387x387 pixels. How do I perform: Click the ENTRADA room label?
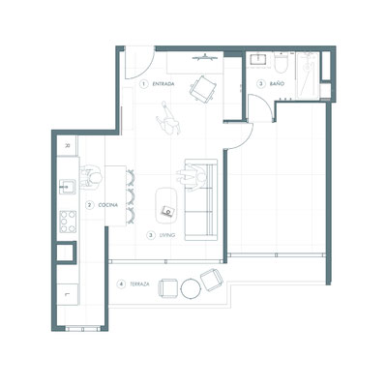pos(164,84)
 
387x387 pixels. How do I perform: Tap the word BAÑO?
pos(277,84)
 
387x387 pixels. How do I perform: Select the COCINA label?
pos(108,205)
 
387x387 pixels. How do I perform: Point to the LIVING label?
pos(167,235)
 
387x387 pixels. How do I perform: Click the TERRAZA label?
pos(139,284)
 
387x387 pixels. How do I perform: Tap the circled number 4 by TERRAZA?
pos(121,284)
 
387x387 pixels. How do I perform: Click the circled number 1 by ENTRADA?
pos(143,84)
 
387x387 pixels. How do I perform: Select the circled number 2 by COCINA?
pos(89,205)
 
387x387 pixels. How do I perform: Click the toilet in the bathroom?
pos(281,63)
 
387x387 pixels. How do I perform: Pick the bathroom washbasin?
pos(257,59)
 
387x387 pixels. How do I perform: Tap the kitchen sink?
pos(68,187)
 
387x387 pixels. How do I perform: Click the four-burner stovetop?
pos(68,222)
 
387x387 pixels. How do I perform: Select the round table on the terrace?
pos(191,288)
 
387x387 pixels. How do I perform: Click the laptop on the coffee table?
pos(168,211)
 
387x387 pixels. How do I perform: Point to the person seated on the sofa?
pos(192,178)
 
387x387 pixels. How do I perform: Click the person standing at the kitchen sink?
pos(91,178)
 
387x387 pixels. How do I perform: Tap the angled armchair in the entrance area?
pos(203,89)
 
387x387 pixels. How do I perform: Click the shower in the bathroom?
pos(308,75)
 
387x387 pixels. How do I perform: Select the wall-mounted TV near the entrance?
pos(205,58)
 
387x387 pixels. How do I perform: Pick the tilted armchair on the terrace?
pos(212,280)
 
